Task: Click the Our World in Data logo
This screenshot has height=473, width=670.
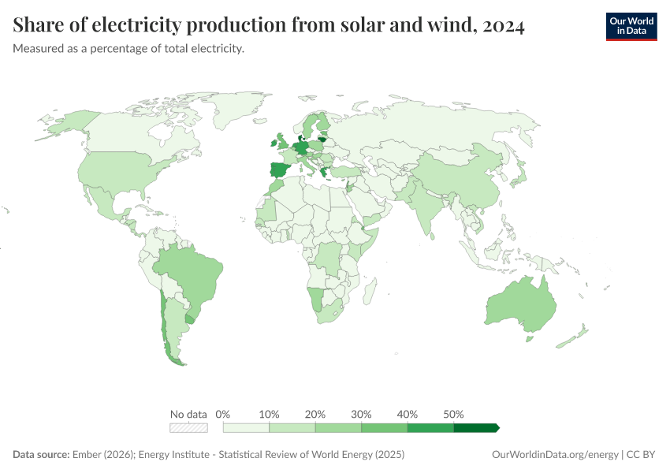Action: tap(631, 26)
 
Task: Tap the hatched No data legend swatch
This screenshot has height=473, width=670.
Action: tap(189, 428)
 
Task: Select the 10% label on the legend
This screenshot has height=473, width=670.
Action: tap(270, 415)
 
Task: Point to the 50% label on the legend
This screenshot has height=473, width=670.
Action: tap(453, 415)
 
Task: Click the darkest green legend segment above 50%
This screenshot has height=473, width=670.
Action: tap(475, 428)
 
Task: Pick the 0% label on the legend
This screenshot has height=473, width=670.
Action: tap(223, 415)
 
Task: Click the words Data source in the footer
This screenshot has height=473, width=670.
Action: tap(40, 455)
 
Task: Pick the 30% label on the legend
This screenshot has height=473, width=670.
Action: tap(362, 415)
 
